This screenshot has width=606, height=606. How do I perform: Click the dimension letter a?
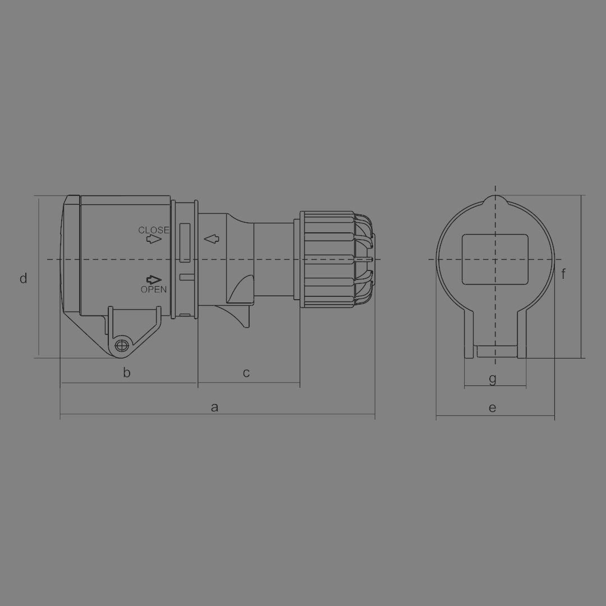coord(214,407)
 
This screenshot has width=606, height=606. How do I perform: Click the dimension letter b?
coord(127,373)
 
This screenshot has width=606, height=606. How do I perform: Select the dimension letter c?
coord(246,373)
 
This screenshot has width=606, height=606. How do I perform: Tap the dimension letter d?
coord(23,278)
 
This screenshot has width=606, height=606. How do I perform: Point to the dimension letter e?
coord(492,408)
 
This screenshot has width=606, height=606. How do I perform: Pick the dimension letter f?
coord(563,274)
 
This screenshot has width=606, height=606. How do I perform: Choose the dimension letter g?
coord(493,379)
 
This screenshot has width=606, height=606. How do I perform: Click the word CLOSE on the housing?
coord(153,230)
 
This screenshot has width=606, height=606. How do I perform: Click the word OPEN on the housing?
coord(153,290)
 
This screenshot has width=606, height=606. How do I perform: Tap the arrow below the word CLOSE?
coord(154,240)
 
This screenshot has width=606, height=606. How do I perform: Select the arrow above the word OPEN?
coord(154,279)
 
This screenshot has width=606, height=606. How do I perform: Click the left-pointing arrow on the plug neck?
coord(211,240)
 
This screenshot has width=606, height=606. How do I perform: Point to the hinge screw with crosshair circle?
coord(121,346)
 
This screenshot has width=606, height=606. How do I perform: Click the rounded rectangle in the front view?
coord(495,259)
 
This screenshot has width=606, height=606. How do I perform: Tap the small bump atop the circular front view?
coord(495,199)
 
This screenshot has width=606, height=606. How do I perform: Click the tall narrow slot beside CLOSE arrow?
coord(185,242)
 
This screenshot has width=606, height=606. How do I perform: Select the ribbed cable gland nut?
coord(327,259)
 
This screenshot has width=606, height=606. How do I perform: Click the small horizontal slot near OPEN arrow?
coord(186,277)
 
